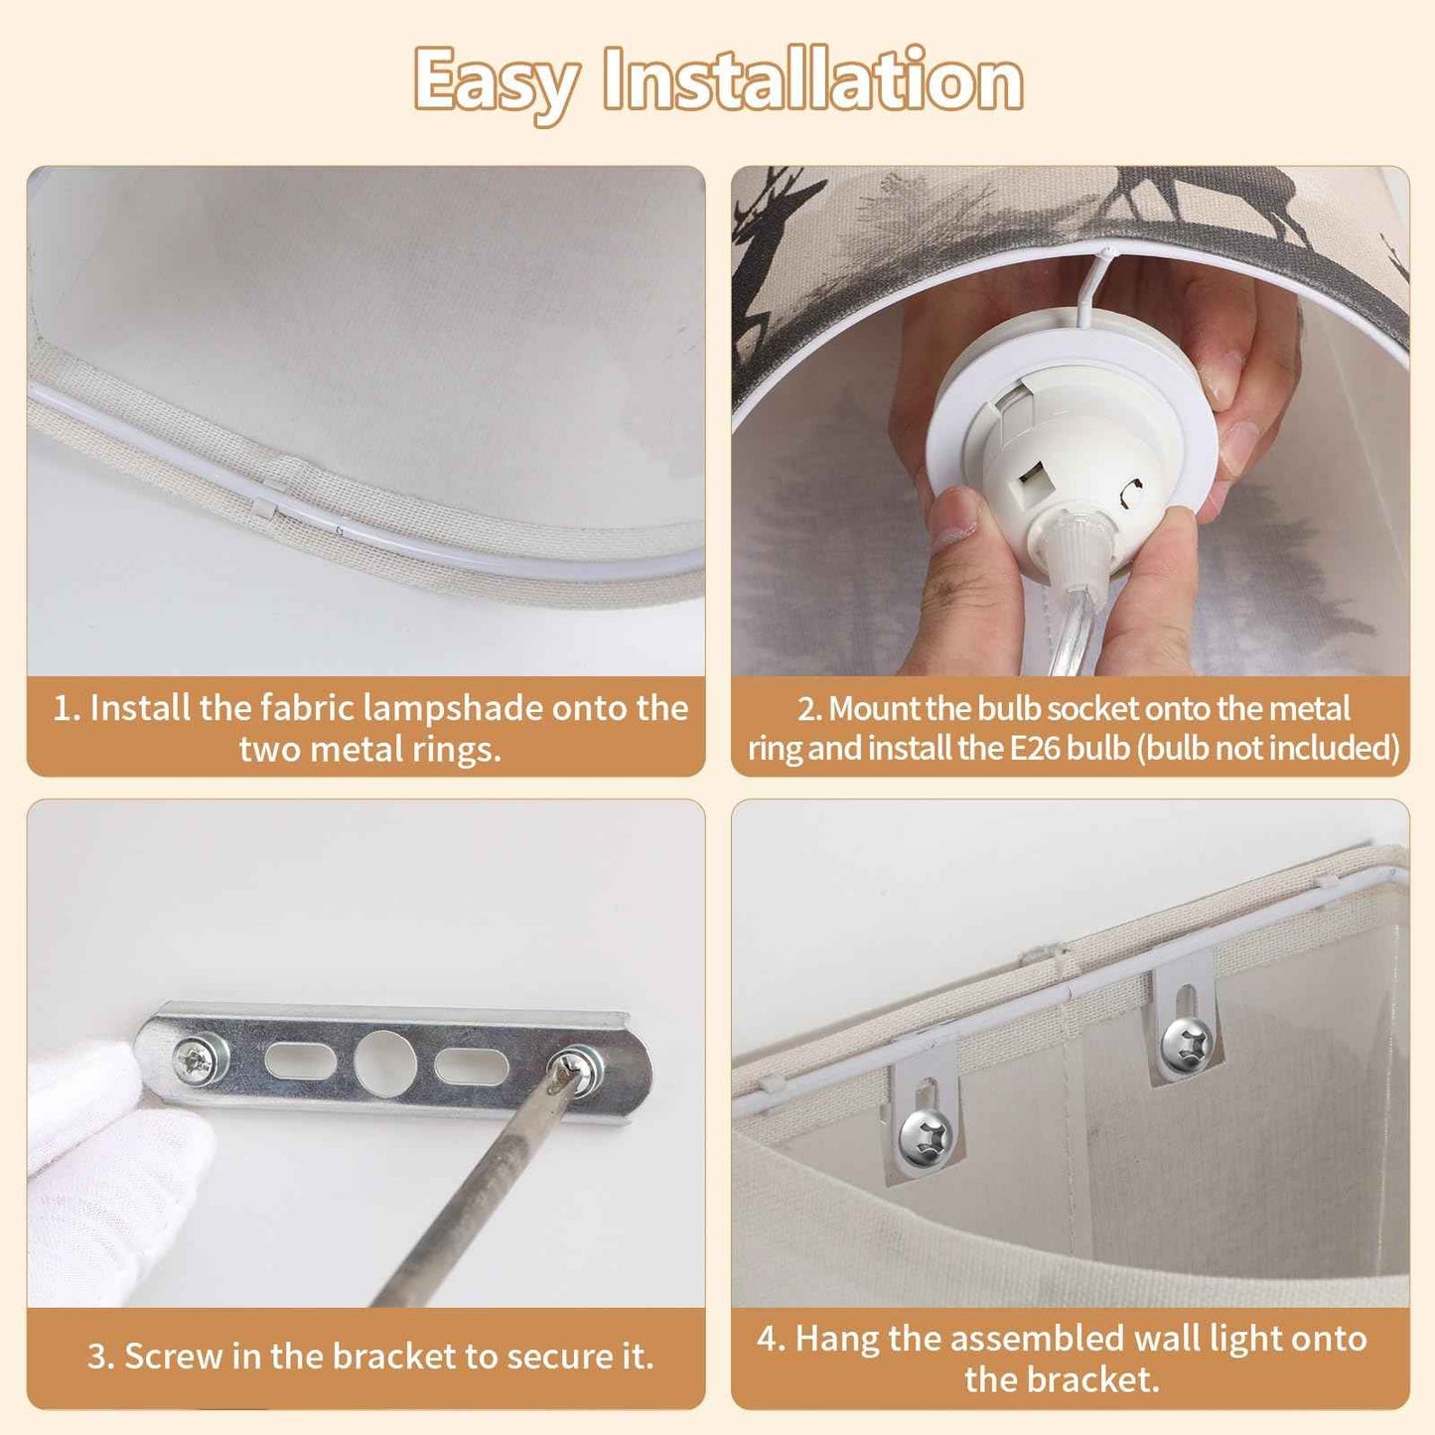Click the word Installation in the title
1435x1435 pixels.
(813, 79)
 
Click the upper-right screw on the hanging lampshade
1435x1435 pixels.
(1188, 1046)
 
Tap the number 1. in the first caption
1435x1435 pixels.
(67, 709)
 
